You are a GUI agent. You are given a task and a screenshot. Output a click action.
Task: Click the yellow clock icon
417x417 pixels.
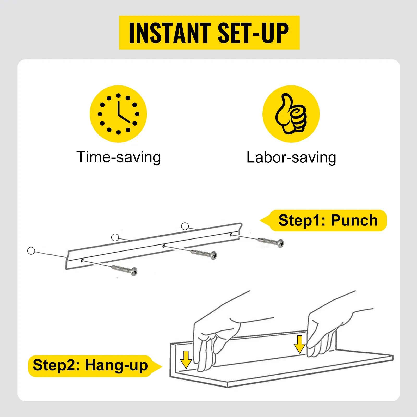(118, 114)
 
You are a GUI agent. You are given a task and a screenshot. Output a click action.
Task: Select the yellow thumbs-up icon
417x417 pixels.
(291, 114)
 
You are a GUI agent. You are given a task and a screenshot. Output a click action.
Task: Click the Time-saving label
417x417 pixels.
(119, 157)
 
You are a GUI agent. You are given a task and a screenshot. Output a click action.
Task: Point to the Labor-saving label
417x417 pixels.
(291, 157)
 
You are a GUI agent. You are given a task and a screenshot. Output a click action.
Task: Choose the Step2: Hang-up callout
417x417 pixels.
(95, 366)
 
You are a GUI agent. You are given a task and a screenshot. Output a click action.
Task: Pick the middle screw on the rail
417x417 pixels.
(204, 254)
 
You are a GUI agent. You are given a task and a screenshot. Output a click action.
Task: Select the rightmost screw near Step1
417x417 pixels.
(271, 242)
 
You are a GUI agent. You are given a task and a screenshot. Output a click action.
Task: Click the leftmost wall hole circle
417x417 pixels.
(31, 251)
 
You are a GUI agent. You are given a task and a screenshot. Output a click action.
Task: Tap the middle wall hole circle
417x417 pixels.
(115, 237)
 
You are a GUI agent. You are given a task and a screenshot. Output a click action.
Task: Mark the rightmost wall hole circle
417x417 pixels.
(185, 226)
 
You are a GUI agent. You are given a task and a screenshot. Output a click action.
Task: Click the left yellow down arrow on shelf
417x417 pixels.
(186, 360)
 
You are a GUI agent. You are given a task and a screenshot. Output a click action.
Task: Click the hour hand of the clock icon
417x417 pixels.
(124, 119)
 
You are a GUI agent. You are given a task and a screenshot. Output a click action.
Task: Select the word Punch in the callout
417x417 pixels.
(354, 221)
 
